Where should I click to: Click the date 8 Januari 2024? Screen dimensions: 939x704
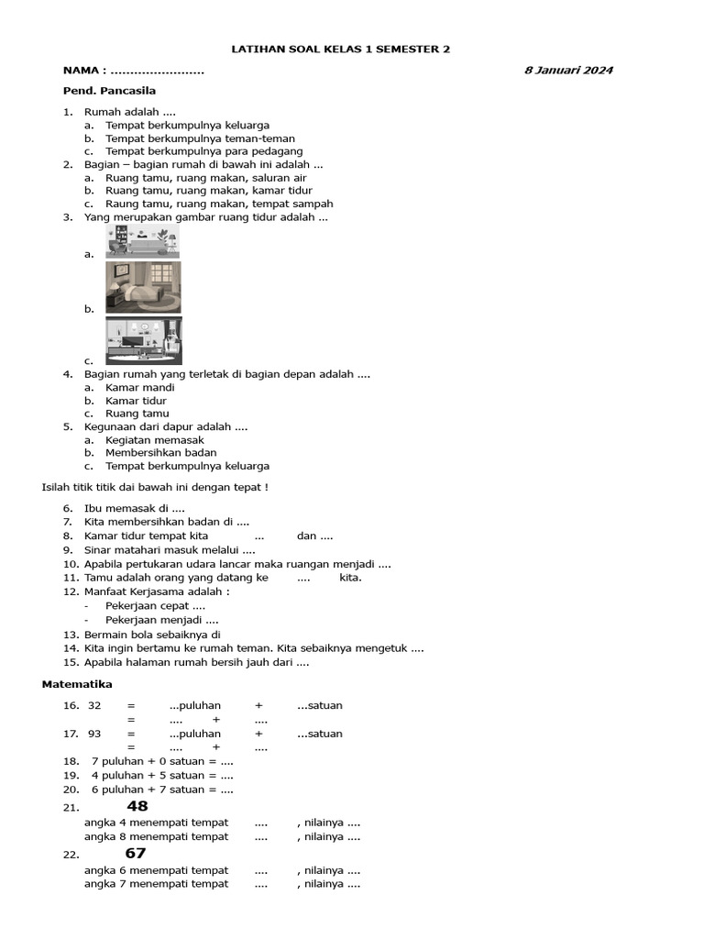coord(568,70)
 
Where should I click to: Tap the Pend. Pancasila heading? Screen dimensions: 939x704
coord(109,91)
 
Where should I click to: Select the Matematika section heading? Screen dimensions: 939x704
coord(77,684)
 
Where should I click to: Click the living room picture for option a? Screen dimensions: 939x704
coord(142,243)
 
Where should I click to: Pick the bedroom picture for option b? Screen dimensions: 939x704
coord(143,287)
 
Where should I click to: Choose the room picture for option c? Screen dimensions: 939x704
coord(143,341)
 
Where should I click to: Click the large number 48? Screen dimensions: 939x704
coord(137,806)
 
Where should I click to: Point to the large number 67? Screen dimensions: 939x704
coord(136,854)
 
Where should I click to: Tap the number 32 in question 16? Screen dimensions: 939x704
coord(94,705)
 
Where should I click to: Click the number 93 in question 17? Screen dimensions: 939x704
coord(94,734)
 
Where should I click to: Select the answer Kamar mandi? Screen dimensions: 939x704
coord(139,387)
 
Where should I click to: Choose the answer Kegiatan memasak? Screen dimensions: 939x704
coord(154,440)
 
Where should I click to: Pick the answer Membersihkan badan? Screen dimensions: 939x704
coord(160,453)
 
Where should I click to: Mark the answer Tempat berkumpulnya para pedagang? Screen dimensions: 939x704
coord(203,151)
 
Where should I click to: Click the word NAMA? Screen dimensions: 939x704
coord(82,71)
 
